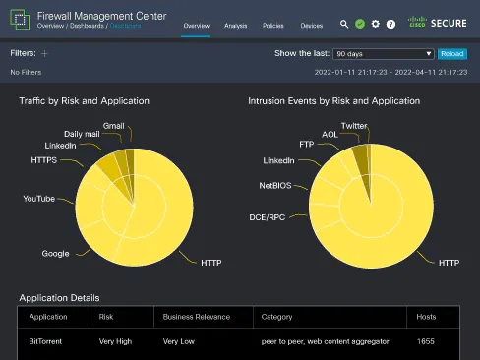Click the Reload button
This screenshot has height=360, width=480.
(452, 54)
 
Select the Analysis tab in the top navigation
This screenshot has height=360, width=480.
(235, 25)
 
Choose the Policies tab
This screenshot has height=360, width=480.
(273, 25)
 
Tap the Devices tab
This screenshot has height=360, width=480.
(311, 25)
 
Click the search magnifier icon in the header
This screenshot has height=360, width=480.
(344, 23)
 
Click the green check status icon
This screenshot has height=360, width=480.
(360, 23)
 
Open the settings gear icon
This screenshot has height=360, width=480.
(376, 23)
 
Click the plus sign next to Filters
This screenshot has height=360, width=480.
(44, 53)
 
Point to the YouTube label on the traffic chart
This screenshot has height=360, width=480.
(39, 199)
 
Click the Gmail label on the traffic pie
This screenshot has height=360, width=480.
(114, 126)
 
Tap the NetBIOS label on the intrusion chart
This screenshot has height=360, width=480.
(275, 185)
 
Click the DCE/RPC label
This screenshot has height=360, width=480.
(269, 216)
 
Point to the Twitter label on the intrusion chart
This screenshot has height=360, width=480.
(354, 126)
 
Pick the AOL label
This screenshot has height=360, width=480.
(330, 135)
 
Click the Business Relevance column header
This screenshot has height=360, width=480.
(197, 317)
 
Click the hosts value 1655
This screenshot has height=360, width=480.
(425, 341)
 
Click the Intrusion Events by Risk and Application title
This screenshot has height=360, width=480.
(333, 101)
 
